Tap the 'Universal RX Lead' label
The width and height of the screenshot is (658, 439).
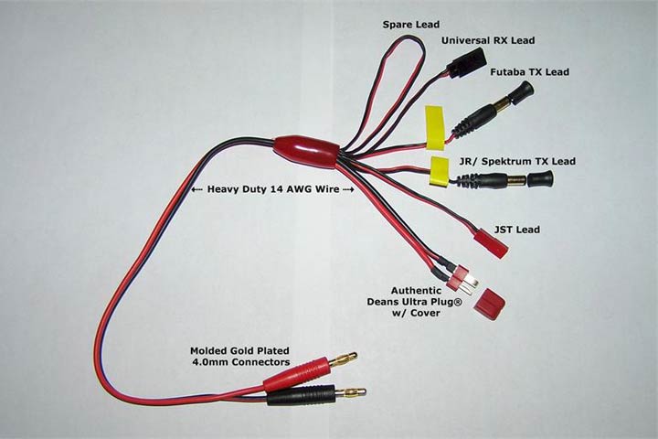[487, 41]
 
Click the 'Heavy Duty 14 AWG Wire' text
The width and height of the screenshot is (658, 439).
[273, 189]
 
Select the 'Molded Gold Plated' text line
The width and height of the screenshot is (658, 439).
[240, 350]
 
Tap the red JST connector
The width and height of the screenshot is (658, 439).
[490, 241]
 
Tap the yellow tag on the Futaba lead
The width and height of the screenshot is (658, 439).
[435, 127]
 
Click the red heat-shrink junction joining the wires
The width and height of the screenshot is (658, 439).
[306, 150]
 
